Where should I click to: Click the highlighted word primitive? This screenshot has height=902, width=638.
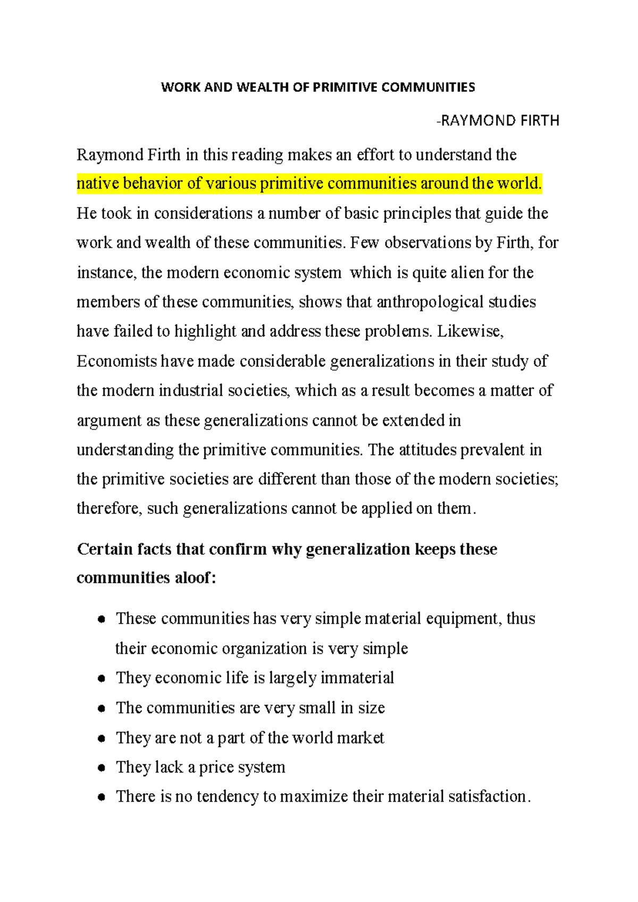pyautogui.click(x=292, y=183)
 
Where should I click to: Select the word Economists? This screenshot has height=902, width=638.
pyautogui.click(x=116, y=361)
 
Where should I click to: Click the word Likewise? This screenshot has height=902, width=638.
pyautogui.click(x=469, y=331)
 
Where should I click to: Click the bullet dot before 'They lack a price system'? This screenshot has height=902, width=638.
pyautogui.click(x=102, y=768)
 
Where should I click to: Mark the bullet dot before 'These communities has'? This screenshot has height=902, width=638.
pyautogui.click(x=102, y=619)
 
